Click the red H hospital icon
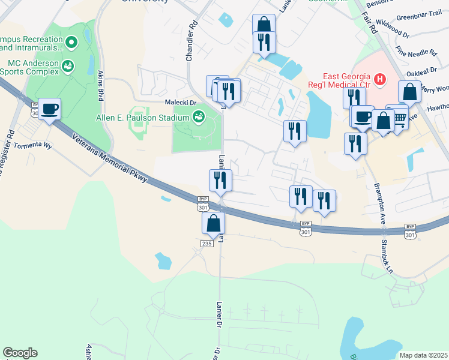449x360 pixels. (x=379, y=79)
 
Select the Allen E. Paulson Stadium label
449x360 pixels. (x=142, y=117)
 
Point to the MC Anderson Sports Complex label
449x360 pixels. (x=31, y=67)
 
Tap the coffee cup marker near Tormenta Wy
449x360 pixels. (x=49, y=109)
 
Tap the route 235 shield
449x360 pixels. (x=206, y=242)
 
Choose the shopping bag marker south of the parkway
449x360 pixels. (x=213, y=223)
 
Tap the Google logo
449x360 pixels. (x=20, y=353)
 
